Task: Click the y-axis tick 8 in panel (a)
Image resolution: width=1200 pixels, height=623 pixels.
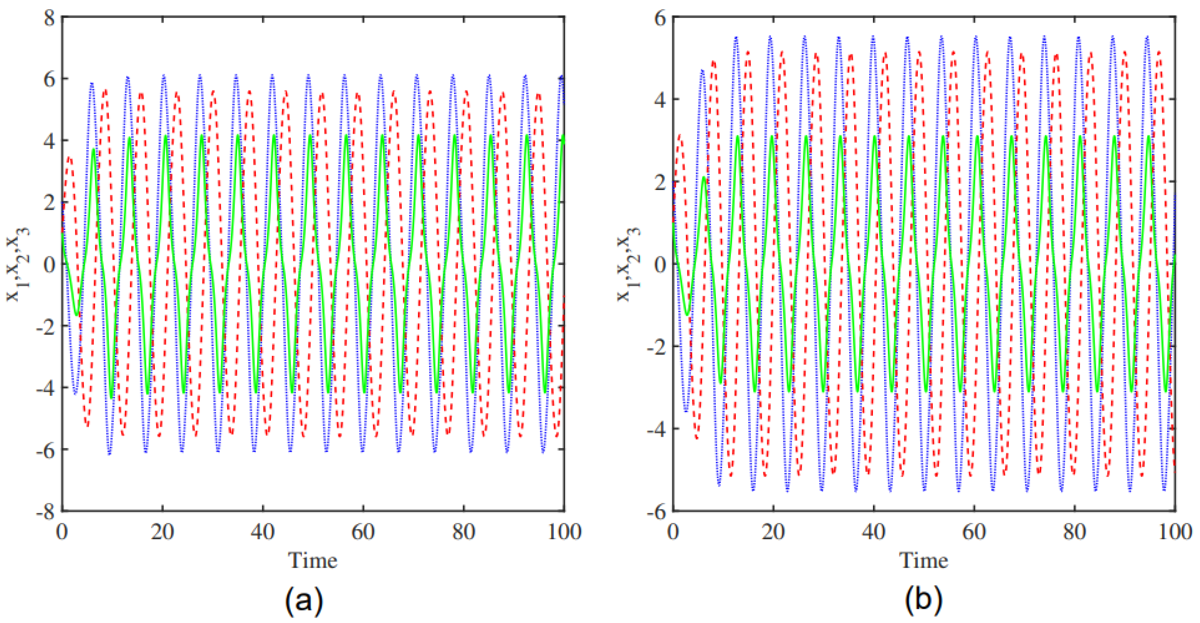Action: pyautogui.click(x=50, y=19)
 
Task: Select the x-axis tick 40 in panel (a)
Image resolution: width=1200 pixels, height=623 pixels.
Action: pyautogui.click(x=262, y=532)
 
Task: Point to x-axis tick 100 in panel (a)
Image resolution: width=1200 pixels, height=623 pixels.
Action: pyautogui.click(x=564, y=532)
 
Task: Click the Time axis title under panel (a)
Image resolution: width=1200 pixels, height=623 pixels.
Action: pyautogui.click(x=312, y=560)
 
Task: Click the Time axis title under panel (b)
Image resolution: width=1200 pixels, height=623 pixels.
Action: pyautogui.click(x=923, y=560)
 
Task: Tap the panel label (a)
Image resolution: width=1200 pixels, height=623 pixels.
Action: pyautogui.click(x=304, y=600)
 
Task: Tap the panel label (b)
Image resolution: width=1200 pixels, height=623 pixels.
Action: pyautogui.click(x=923, y=600)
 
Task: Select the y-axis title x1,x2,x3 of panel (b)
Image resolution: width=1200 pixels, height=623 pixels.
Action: pyautogui.click(x=628, y=264)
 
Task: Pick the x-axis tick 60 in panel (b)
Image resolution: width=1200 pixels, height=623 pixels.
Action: pyautogui.click(x=974, y=532)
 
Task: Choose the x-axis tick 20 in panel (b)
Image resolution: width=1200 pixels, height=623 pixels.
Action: pyautogui.click(x=773, y=532)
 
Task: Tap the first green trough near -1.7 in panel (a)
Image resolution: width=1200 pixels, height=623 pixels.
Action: pyautogui.click(x=77, y=315)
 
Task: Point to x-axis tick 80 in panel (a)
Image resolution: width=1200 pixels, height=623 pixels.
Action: pyautogui.click(x=463, y=532)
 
